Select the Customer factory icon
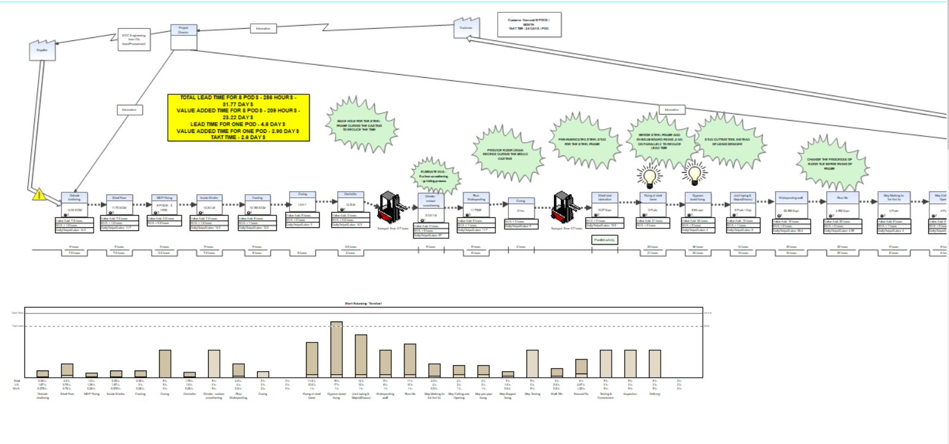[467, 28]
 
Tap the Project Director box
[183, 36]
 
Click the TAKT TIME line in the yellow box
[239, 137]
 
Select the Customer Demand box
[529, 24]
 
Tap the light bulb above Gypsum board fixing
[695, 173]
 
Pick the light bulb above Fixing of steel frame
[648, 175]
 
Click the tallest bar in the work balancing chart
[336, 349]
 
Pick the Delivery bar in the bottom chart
[655, 364]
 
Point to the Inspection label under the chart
[630, 394]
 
